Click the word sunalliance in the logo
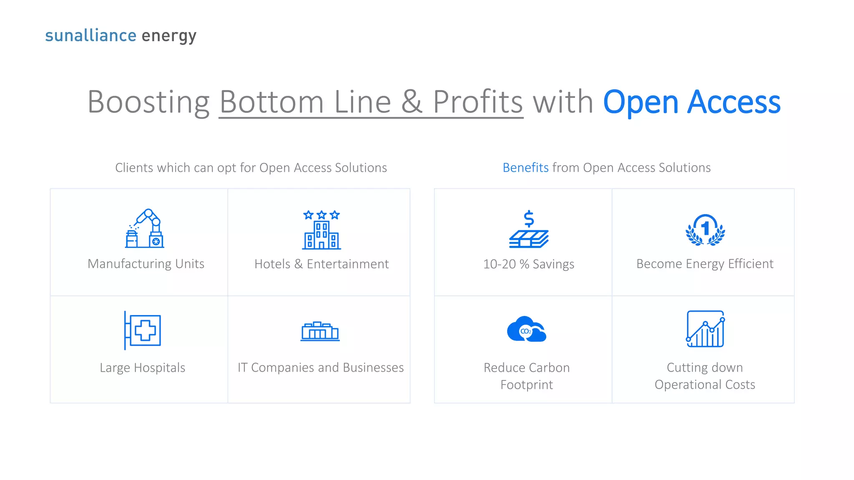pos(90,35)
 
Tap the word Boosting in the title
pos(148,102)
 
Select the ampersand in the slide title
pos(412,102)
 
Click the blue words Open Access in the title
pos(692,102)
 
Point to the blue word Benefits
pos(525,167)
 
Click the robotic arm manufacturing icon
pos(144,229)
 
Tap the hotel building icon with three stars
pos(322,230)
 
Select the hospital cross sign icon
pos(143,330)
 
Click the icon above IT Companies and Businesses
pos(320,332)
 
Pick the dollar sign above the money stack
pos(529,218)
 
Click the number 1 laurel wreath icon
pos(705,230)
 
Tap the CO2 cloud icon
pos(527,330)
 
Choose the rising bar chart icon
pos(705,329)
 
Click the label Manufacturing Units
pos(146,264)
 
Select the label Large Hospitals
pos(143,367)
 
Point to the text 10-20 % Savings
pos(529,264)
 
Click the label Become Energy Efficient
pos(705,264)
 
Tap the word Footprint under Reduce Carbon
pos(527,385)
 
